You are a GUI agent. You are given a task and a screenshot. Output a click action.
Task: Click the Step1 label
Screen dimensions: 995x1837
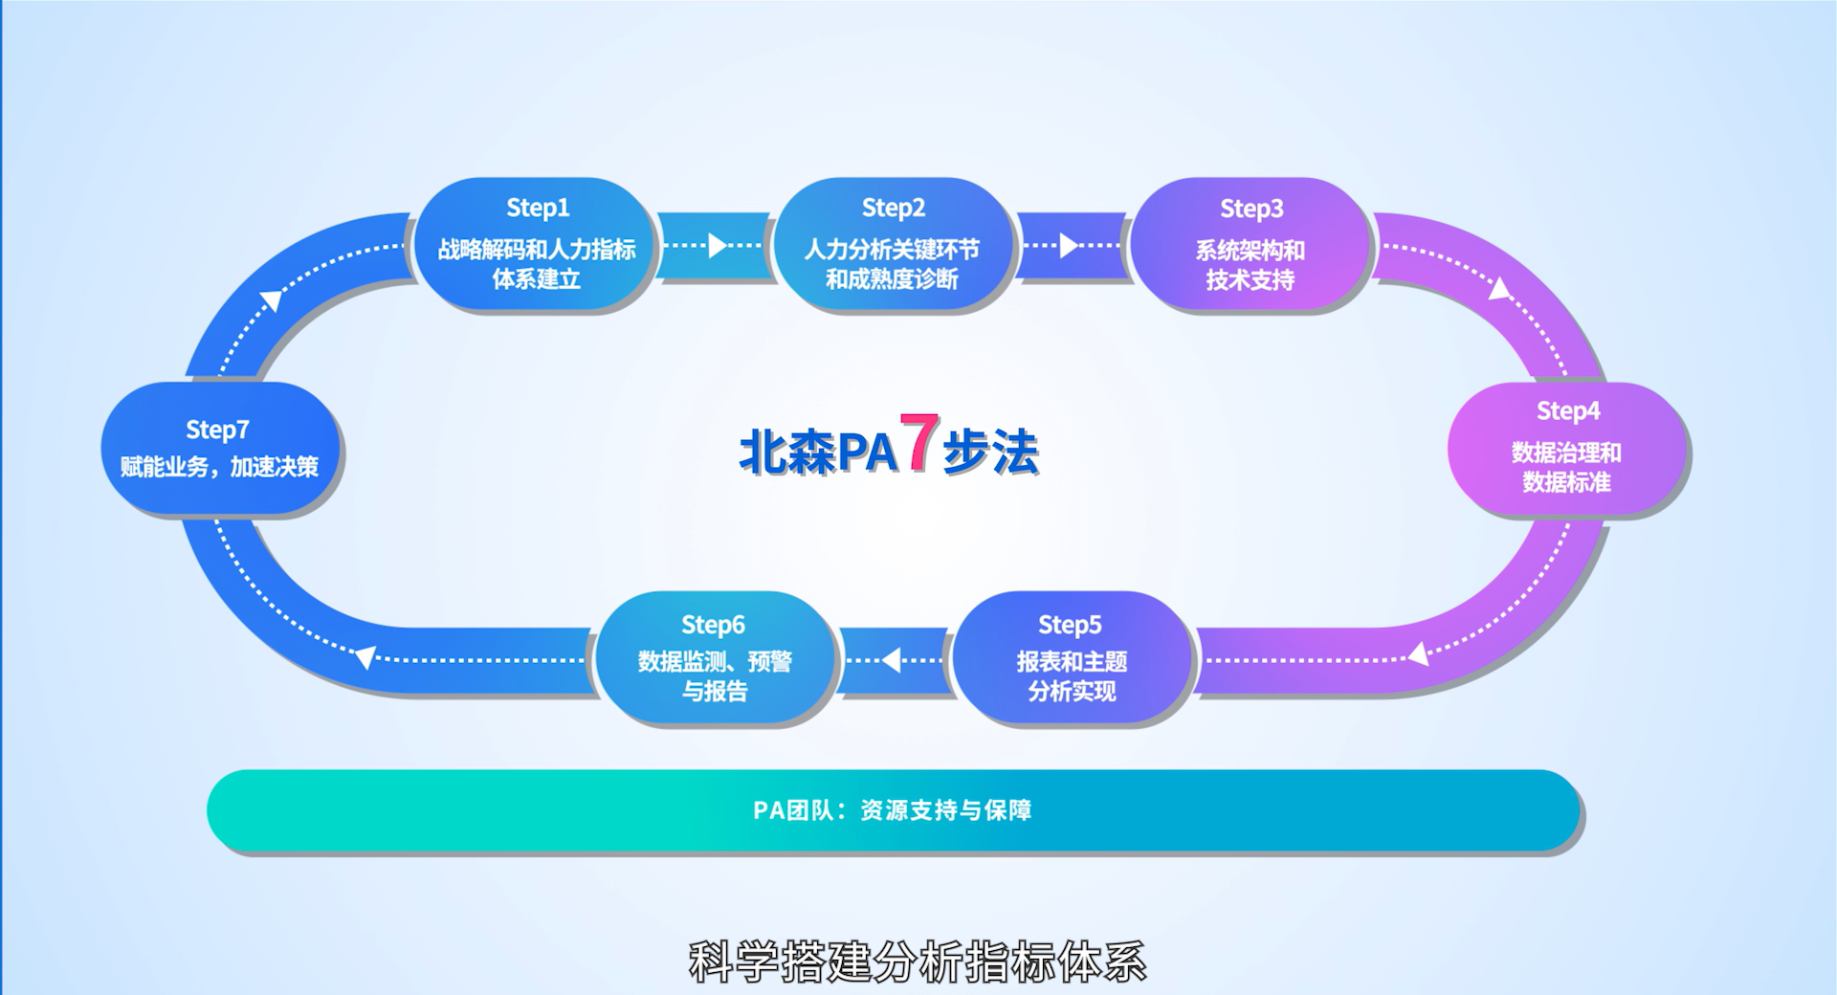pos(538,208)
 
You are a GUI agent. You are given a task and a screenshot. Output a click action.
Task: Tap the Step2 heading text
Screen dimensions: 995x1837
pos(893,208)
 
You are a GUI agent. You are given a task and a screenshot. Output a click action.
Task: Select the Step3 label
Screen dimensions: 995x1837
pos(1250,209)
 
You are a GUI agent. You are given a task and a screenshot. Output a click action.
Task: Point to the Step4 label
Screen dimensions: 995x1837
pos(1567,410)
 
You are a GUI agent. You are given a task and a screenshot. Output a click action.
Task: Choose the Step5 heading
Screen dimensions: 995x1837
pos(1070,625)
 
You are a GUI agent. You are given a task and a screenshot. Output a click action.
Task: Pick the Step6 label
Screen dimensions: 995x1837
pos(713,625)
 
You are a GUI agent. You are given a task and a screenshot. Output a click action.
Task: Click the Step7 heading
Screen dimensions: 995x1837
pos(217,430)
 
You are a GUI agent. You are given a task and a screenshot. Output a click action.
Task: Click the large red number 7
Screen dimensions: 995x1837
pos(919,442)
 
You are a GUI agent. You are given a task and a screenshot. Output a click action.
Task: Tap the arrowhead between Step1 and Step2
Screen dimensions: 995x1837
pos(717,246)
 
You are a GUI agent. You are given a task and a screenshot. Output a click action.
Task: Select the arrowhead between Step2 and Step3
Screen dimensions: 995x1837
pos(1069,246)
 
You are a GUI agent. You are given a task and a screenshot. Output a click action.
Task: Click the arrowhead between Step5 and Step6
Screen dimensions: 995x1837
pos(892,659)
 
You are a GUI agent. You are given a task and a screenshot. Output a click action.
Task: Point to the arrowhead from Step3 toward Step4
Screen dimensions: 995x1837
pos(1499,288)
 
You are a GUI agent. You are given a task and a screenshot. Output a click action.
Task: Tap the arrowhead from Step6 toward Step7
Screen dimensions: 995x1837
pos(365,656)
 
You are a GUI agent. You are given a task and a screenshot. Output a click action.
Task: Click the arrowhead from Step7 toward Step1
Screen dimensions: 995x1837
pos(273,300)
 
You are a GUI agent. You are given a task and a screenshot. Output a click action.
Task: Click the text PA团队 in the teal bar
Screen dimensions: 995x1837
pos(793,810)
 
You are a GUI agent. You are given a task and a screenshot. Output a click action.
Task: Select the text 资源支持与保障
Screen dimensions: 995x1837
pos(945,810)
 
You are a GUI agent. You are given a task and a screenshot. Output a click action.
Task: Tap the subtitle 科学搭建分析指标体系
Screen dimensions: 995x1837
pos(917,962)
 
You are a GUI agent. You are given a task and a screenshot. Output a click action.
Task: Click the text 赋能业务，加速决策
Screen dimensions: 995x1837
pos(219,467)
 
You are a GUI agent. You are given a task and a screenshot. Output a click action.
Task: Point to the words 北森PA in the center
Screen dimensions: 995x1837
pos(818,452)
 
